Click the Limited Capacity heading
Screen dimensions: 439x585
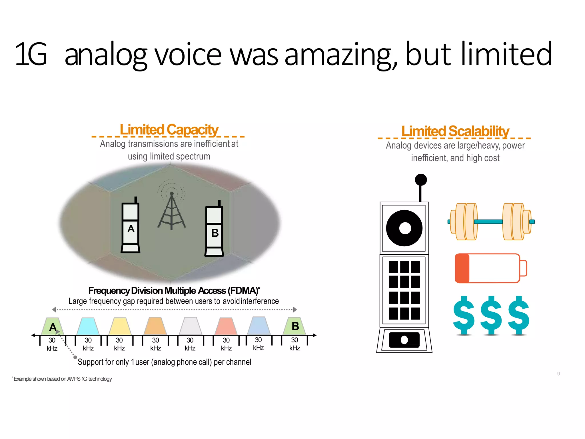[169, 130]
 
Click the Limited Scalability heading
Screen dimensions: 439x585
[455, 131]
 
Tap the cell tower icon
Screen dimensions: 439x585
[171, 209]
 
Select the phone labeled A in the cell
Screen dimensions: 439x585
[131, 227]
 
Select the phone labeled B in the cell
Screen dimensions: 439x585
[214, 230]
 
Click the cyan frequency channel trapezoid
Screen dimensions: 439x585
[88, 326]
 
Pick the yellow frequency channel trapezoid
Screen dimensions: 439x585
[120, 326]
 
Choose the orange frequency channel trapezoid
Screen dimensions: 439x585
[155, 326]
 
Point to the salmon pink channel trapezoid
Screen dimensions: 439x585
[226, 326]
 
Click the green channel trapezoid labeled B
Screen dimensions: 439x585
[294, 326]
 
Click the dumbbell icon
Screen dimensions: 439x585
[491, 222]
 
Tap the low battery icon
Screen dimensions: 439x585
[490, 268]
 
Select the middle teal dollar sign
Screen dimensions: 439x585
[491, 315]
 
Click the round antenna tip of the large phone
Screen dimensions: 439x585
[421, 180]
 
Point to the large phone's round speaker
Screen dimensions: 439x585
[404, 228]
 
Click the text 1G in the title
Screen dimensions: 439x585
[31, 54]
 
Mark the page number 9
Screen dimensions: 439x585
[558, 374]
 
